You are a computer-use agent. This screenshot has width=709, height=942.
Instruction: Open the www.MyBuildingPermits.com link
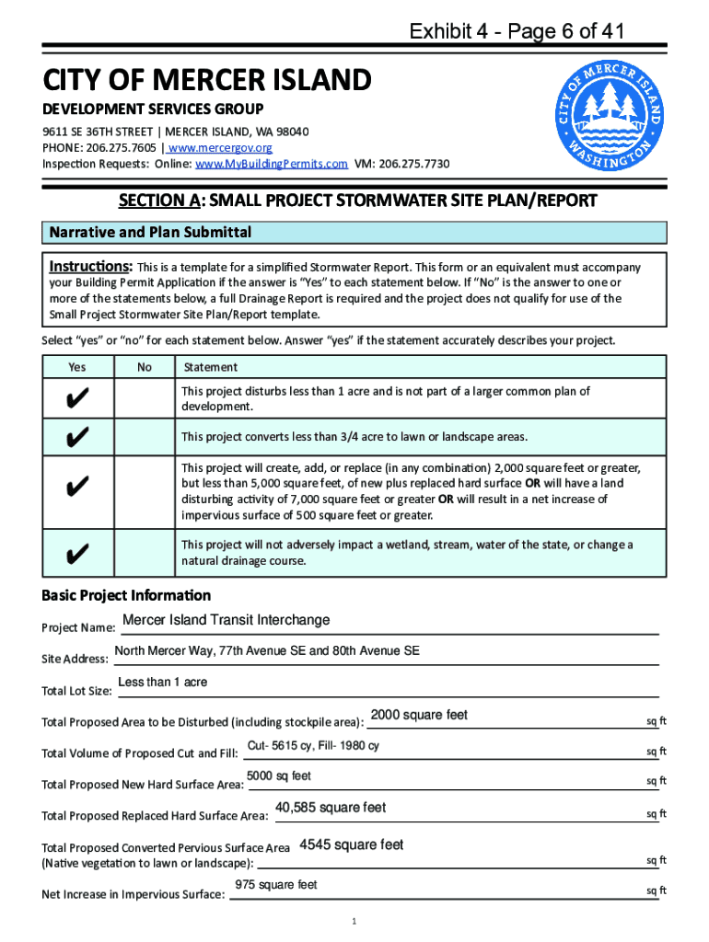click(x=271, y=164)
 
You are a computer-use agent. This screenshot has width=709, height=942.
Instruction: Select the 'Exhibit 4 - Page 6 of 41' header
click(x=518, y=32)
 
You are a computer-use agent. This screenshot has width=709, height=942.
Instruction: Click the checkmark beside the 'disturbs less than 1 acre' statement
click(x=77, y=398)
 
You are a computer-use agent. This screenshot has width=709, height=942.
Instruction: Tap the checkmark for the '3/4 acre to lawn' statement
click(x=77, y=436)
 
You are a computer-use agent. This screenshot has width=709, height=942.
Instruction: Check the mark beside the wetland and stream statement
click(x=77, y=553)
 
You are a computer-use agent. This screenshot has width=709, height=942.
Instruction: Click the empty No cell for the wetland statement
click(x=145, y=553)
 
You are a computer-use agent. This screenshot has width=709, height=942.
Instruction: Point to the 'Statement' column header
click(x=211, y=367)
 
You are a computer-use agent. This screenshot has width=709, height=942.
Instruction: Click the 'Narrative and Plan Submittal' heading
click(x=150, y=233)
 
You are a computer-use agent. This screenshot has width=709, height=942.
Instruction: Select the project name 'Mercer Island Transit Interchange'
click(x=226, y=620)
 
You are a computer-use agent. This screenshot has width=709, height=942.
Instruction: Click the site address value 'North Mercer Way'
click(x=267, y=651)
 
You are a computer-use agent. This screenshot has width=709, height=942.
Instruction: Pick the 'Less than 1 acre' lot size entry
click(x=163, y=683)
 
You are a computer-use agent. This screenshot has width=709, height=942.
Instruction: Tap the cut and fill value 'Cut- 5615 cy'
click(x=313, y=746)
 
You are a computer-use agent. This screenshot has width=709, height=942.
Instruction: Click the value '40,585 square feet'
click(x=331, y=808)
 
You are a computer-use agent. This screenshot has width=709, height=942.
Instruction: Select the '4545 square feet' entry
click(x=352, y=844)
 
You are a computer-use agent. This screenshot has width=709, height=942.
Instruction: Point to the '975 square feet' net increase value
click(x=276, y=885)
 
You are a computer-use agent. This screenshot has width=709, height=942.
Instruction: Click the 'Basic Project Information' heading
click(x=126, y=595)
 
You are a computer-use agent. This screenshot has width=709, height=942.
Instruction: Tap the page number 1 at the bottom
click(x=354, y=921)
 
